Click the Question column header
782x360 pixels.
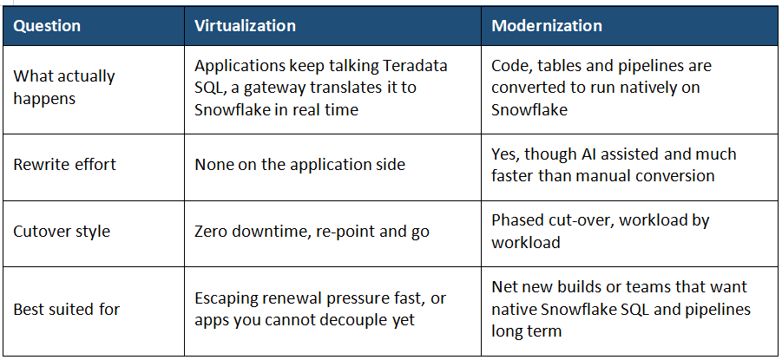(x=47, y=26)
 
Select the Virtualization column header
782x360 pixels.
(x=245, y=26)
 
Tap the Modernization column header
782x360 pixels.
(x=547, y=26)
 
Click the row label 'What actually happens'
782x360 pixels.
(x=64, y=88)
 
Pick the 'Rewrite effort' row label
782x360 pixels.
(x=64, y=165)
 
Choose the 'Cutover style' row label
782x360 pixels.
(x=62, y=232)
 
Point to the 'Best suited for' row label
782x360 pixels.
(x=66, y=309)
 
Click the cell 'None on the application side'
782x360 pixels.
(x=299, y=165)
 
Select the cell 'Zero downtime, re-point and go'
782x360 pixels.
(x=312, y=232)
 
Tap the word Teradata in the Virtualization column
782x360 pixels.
(x=416, y=65)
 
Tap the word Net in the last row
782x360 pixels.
(x=503, y=287)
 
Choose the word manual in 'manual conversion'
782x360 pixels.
(x=616, y=175)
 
